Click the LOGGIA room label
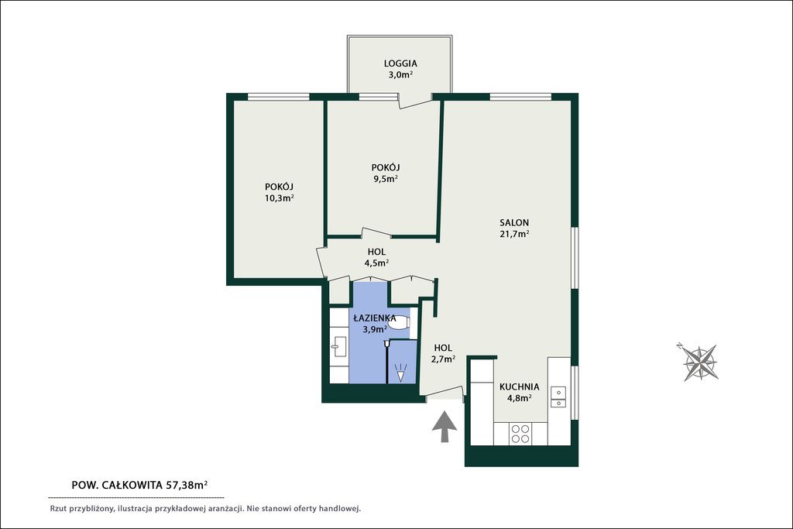400,64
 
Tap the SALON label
514,222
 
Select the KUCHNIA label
520,387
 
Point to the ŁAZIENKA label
375,318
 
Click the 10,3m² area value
279,198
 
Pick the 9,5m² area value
386,178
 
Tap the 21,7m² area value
514,234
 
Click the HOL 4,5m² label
377,257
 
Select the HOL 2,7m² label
443,353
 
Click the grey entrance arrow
445,427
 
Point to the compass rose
700,362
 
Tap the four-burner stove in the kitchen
520,434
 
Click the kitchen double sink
558,397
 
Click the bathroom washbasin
338,347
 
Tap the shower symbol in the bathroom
400,373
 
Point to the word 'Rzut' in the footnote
57,509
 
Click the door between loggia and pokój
415,103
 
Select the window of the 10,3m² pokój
278,97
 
